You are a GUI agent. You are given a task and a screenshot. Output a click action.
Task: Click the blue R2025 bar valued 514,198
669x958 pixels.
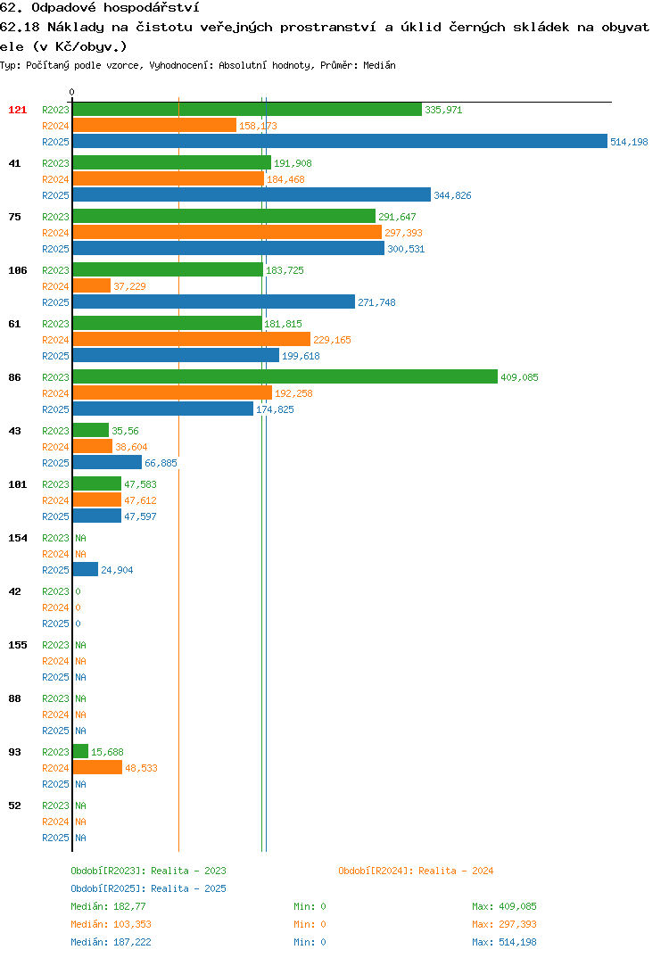(341, 141)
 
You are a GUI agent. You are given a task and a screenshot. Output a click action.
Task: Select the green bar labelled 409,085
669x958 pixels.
(285, 377)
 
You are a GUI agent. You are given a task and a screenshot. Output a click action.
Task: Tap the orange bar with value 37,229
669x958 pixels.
(92, 286)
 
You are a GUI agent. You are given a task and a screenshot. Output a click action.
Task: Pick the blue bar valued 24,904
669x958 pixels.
(86, 569)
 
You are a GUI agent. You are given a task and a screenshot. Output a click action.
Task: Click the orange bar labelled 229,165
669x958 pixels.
(192, 340)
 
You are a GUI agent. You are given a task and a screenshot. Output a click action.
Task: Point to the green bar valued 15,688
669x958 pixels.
(80, 751)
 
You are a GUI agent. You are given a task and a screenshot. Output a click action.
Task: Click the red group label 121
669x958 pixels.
(18, 110)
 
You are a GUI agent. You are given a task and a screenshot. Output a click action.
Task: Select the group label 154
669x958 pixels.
(18, 538)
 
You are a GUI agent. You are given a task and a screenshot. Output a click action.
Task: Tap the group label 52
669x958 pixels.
(14, 805)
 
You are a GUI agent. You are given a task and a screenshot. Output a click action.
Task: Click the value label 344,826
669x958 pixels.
(453, 195)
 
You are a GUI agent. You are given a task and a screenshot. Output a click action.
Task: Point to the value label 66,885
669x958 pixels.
(161, 463)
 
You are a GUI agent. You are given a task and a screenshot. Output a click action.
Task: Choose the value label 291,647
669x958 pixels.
(397, 217)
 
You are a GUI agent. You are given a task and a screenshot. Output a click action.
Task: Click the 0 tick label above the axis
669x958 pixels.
(72, 92)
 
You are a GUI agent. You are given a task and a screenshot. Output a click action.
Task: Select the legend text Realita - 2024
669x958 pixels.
(456, 871)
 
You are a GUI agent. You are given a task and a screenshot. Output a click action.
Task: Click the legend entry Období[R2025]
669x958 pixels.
(108, 888)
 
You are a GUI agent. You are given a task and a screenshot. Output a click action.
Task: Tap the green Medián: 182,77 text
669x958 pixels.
(108, 906)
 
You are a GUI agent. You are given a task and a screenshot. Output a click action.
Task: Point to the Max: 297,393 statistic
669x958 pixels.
(504, 924)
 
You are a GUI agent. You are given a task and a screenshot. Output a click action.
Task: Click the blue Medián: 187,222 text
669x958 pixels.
(111, 942)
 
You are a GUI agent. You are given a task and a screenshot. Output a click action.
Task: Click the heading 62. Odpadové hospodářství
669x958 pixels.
(100, 8)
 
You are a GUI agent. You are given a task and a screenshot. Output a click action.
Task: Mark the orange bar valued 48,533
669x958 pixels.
(98, 767)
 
